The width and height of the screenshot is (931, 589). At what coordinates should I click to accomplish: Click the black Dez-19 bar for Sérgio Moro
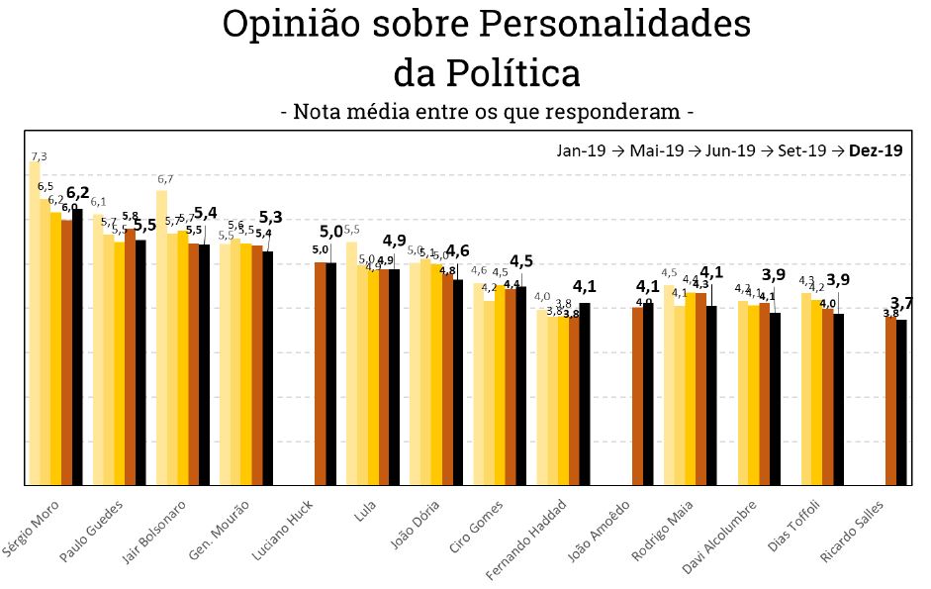[x=77, y=346]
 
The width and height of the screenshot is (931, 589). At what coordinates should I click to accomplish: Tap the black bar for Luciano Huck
[x=331, y=373]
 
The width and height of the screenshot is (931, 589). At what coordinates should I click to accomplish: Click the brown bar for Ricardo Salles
[x=890, y=401]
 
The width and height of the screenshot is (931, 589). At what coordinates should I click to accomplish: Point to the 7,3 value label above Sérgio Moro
[x=39, y=156]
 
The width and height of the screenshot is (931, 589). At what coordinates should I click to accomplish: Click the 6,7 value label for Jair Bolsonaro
[x=165, y=179]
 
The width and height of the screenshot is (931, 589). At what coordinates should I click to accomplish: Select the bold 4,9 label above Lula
[x=395, y=241]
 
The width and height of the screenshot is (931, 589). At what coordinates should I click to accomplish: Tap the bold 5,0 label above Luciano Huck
[x=331, y=232]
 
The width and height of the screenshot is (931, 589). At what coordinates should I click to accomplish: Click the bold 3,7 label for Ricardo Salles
[x=901, y=303]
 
